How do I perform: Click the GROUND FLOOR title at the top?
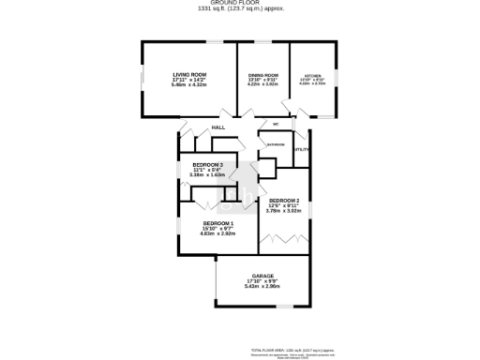(240, 3)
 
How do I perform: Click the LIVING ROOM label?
(189, 74)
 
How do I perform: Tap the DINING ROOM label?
(263, 74)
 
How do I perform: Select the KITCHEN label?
(312, 75)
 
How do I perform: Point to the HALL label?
(218, 127)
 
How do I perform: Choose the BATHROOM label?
(275, 144)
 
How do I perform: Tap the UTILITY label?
(301, 149)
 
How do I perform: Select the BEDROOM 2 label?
(284, 201)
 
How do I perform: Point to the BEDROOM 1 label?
(218, 223)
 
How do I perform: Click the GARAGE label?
(262, 276)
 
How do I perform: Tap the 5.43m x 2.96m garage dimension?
(262, 286)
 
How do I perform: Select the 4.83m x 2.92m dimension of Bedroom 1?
(218, 233)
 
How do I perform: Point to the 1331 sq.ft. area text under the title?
(240, 8)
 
